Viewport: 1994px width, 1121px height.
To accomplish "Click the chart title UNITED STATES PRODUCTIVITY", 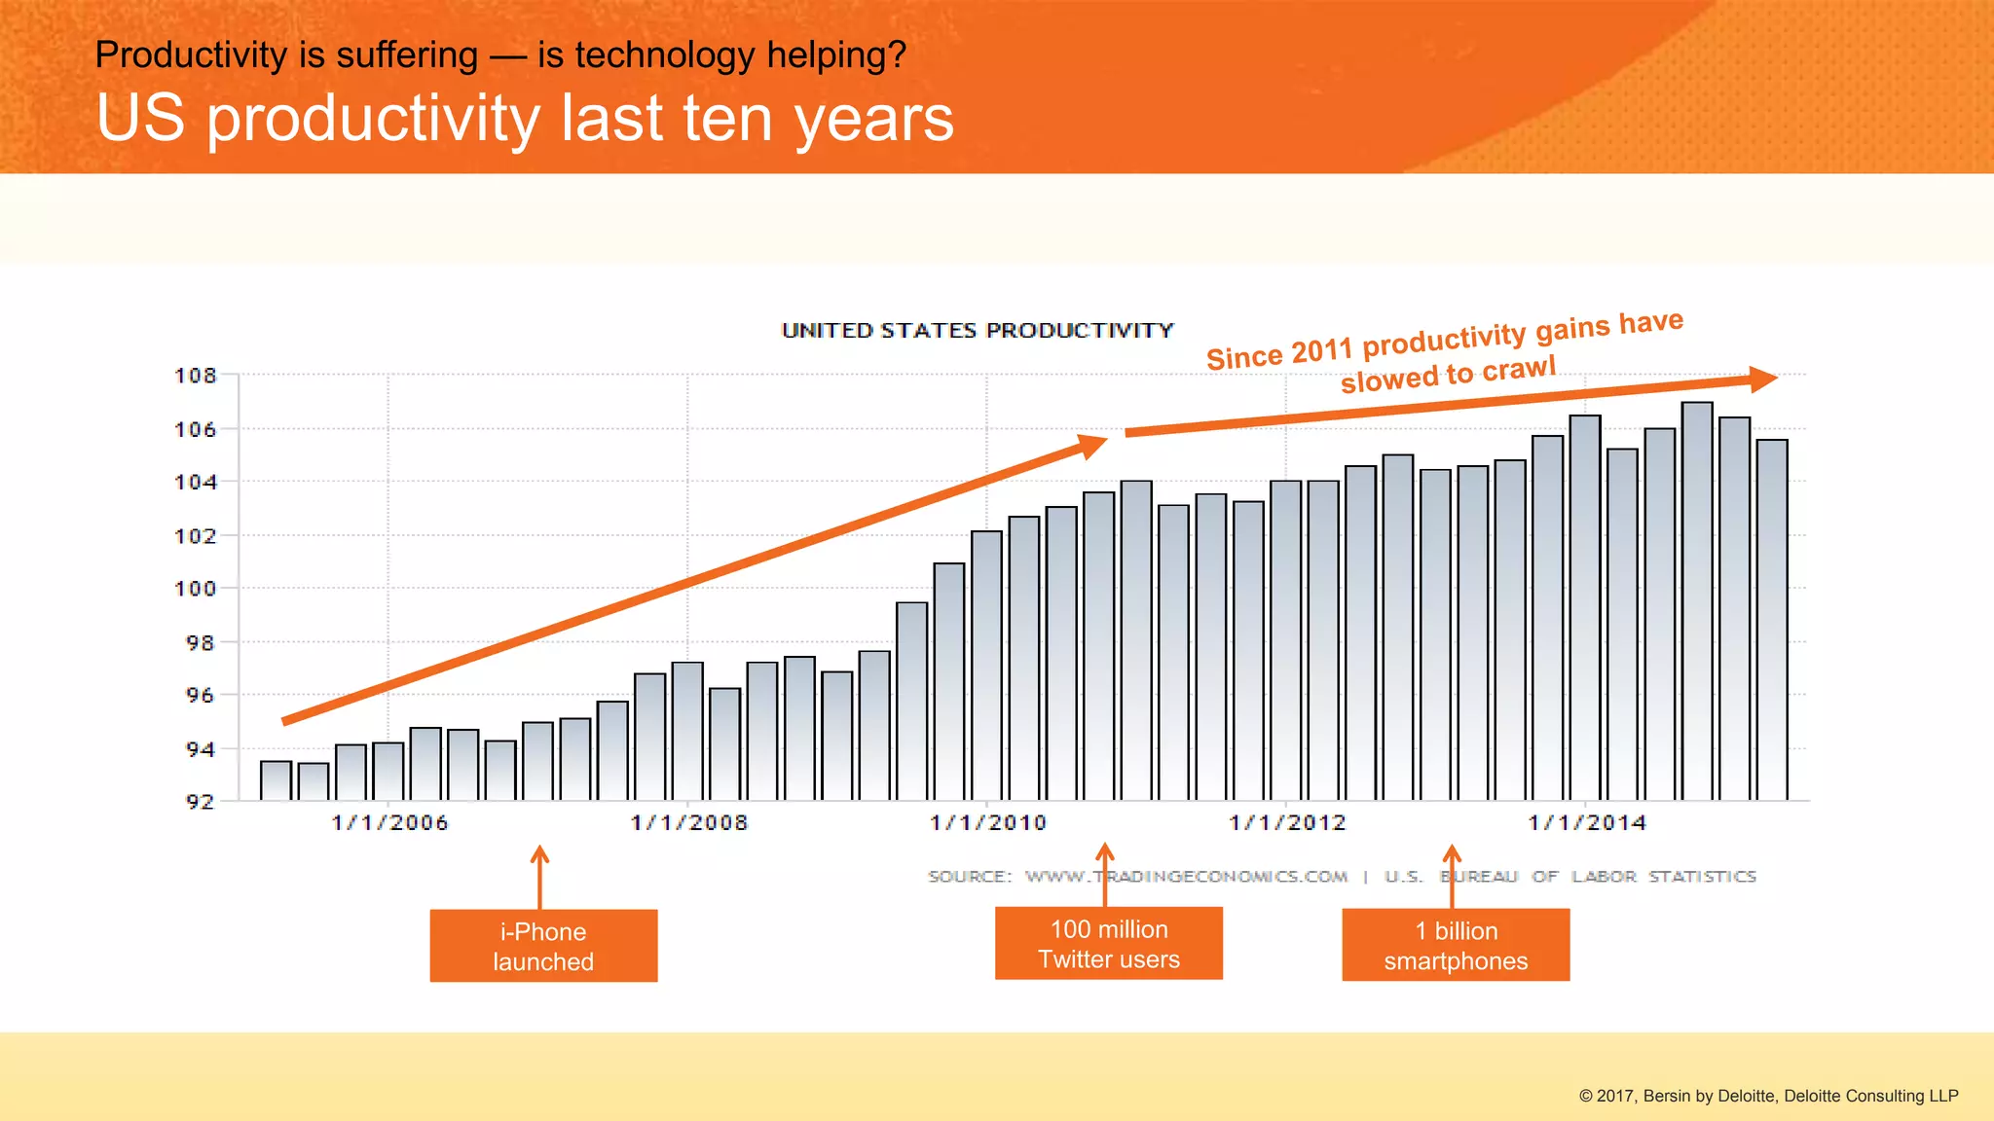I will pyautogui.click(x=978, y=331).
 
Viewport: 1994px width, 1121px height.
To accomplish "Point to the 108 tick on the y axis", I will pyautogui.click(x=195, y=376).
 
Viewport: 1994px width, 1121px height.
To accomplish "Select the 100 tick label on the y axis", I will pyautogui.click(x=195, y=589).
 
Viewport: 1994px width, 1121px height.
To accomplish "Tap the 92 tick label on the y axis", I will pyautogui.click(x=200, y=802).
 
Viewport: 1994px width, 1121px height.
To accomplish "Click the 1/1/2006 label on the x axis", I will pyautogui.click(x=389, y=823).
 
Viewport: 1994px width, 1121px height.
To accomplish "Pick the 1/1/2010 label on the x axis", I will pyautogui.click(x=987, y=823).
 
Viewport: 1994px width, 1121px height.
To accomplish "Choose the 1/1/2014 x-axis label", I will pyautogui.click(x=1586, y=823).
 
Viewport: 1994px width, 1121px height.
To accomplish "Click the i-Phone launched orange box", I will pyautogui.click(x=543, y=946).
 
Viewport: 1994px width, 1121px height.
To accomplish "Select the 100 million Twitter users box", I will pyautogui.click(x=1108, y=944).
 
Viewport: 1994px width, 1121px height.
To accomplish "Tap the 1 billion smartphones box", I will pyautogui.click(x=1456, y=945).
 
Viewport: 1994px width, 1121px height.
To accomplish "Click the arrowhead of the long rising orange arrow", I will pyautogui.click(x=1093, y=446).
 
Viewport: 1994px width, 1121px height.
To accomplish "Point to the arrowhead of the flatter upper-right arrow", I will pyautogui.click(x=1762, y=379).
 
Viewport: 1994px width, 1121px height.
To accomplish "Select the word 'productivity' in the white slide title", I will pyautogui.click(x=374, y=119).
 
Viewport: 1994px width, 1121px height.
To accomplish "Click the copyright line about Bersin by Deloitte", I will pyautogui.click(x=1768, y=1096).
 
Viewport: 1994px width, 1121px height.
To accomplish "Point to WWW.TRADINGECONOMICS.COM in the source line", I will pyautogui.click(x=1186, y=877).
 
